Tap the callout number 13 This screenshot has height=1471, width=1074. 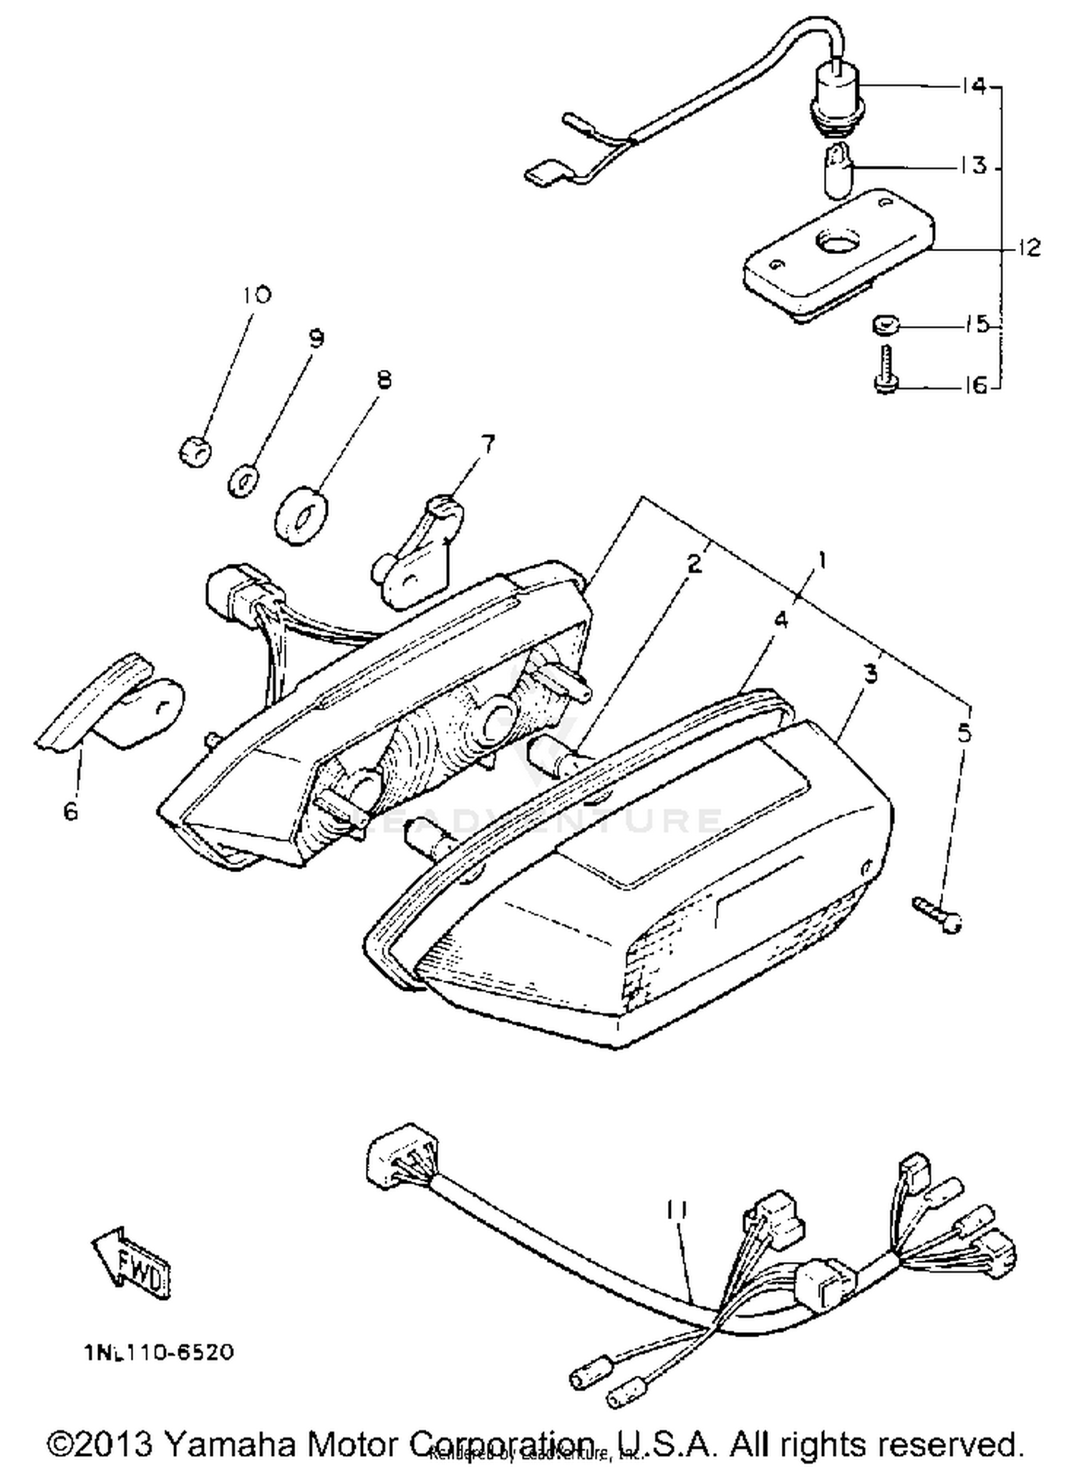973,166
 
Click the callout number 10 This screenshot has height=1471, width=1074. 256,295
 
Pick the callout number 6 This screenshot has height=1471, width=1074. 70,811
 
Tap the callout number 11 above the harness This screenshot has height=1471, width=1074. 677,1209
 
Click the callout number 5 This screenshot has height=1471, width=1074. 964,733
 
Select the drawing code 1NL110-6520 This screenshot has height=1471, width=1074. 158,1353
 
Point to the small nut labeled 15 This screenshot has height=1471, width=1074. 885,326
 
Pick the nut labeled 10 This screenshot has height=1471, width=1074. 195,451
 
